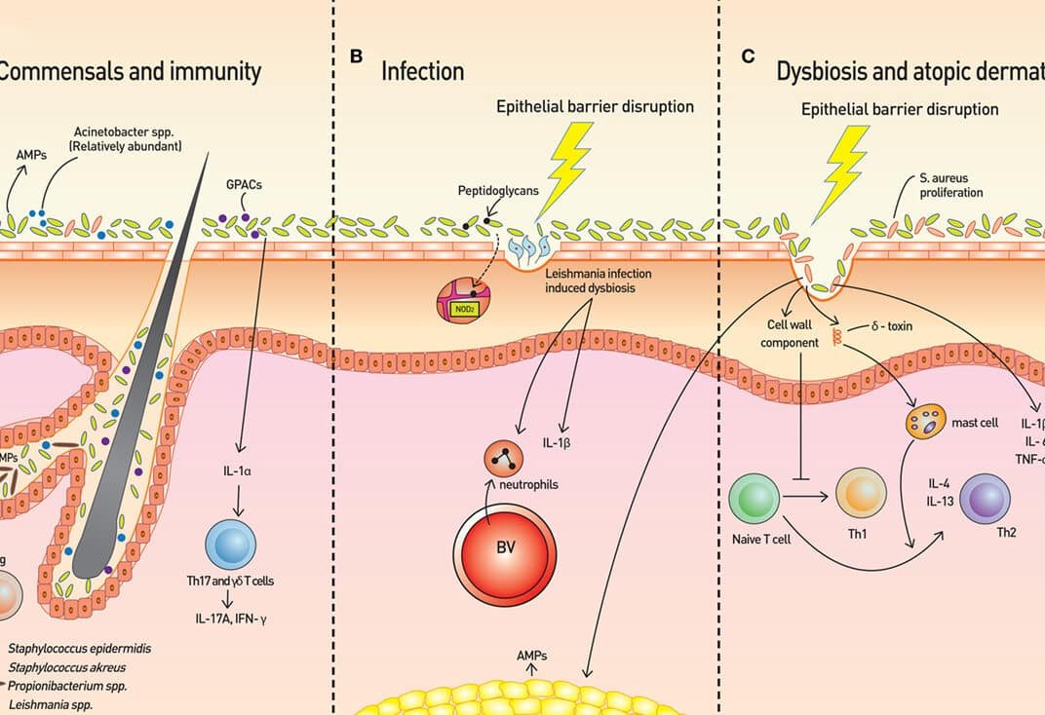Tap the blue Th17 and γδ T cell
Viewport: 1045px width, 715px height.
[x=230, y=545]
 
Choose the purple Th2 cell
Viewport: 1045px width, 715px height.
[x=985, y=499]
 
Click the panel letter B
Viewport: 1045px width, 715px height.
[x=356, y=57]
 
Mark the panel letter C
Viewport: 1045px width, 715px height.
[x=748, y=56]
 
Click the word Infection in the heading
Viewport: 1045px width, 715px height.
[x=422, y=71]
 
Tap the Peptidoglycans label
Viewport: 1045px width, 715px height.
[x=499, y=191]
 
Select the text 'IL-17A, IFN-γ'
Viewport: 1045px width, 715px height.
[x=231, y=615]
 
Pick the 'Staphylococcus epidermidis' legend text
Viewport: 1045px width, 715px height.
[x=80, y=647]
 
